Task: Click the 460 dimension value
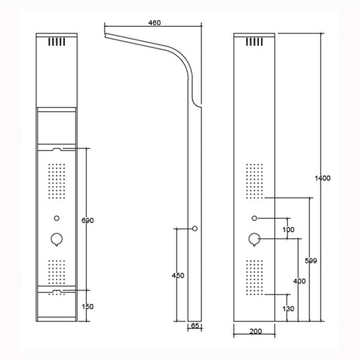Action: click(x=155, y=23)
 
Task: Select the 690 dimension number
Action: click(x=87, y=220)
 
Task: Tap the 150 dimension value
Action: click(x=87, y=306)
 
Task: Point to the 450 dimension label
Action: click(x=178, y=275)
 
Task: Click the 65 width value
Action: click(x=195, y=326)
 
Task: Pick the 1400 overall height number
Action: click(x=323, y=178)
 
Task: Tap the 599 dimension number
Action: click(x=310, y=260)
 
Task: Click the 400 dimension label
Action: click(x=299, y=281)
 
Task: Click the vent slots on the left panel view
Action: click(x=56, y=43)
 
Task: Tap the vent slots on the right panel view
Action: click(x=254, y=43)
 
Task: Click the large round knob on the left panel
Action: click(x=56, y=239)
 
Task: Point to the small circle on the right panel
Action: click(x=254, y=217)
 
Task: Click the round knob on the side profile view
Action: click(x=195, y=228)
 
